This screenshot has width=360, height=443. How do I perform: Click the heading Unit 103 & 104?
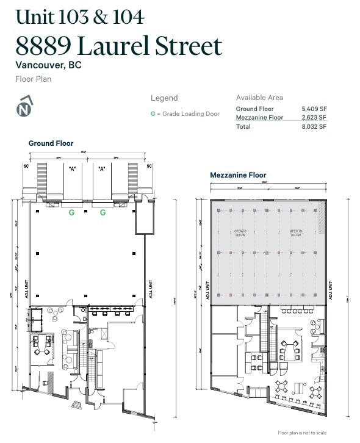80,16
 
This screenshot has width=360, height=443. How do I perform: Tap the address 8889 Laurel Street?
119,46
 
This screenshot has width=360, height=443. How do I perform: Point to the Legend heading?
164,98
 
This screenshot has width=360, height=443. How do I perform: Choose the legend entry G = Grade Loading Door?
185,113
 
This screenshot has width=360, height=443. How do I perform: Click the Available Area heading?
259,98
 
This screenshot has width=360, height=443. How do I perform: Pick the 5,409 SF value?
314,109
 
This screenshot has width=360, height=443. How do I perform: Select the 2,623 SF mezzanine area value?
314,117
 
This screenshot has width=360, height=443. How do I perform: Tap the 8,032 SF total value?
314,126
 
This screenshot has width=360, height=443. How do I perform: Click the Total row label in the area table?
243,126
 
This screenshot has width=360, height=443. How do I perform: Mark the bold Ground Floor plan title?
51,143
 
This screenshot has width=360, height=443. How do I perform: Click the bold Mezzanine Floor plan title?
238,175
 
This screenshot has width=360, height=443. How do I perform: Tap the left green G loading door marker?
72,212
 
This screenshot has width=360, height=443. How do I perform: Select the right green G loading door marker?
103,212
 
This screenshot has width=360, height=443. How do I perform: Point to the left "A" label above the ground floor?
72,169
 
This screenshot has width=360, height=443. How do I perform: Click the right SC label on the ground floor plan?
149,165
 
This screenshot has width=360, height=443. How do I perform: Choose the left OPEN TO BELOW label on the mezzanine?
240,233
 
